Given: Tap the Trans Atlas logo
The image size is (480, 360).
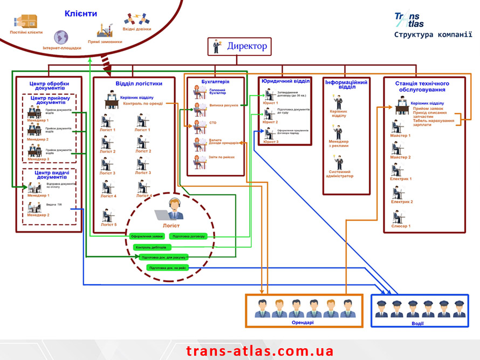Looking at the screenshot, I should [x=409, y=20].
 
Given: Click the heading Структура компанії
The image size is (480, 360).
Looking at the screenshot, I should [x=433, y=35].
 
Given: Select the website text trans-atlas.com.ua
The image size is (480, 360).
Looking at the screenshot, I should [x=260, y=351].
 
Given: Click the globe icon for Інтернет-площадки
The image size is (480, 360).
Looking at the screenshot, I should [x=61, y=37].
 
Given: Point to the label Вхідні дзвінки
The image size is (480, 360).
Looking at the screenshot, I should [x=137, y=29].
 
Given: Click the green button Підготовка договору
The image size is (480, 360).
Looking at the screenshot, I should [x=187, y=236].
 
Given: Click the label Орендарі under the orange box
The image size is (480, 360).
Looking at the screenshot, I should [x=303, y=322].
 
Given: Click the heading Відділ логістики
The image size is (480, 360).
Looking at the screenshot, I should [x=139, y=84].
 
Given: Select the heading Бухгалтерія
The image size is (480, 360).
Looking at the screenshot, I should [x=216, y=81].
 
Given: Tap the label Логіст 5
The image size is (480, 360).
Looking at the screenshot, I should [x=108, y=225].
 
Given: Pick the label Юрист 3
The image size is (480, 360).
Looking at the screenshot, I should [x=271, y=141].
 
